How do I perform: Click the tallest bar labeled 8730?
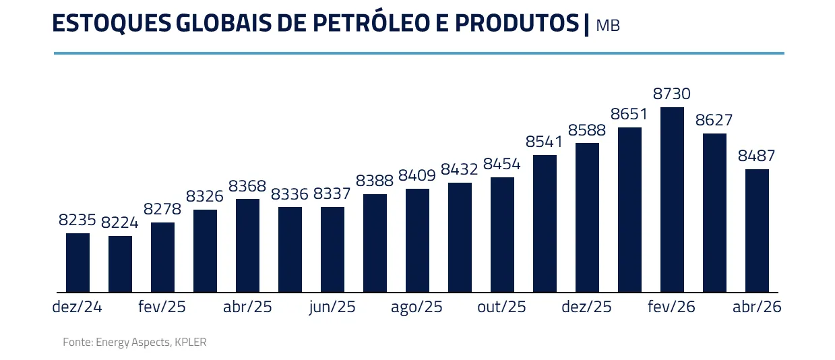[672, 200]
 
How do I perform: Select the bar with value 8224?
[120, 264]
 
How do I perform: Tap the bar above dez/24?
[78, 263]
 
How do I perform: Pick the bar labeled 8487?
[757, 231]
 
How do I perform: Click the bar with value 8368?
[247, 245]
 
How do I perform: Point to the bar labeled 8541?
[545, 223]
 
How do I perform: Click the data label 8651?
[629, 114]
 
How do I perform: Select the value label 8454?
[502, 164]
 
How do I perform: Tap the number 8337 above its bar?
[332, 194]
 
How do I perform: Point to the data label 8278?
[162, 209]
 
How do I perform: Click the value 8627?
[714, 120]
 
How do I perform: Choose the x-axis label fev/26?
[671, 307]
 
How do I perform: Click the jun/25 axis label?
[332, 307]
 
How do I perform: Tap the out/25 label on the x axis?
[501, 307]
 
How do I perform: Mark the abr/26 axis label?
[757, 307]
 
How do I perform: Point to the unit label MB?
[608, 26]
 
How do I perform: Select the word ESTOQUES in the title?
[111, 23]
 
